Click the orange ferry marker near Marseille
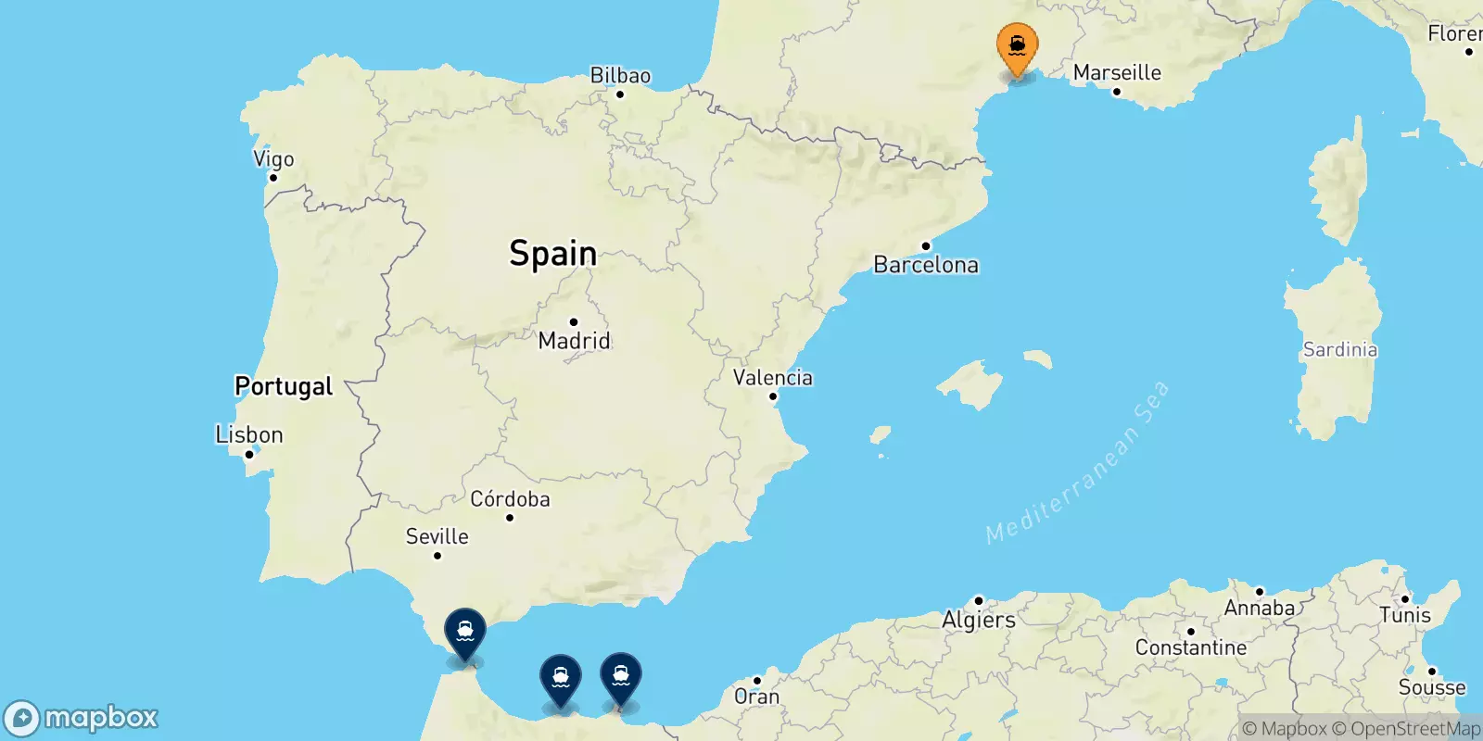(x=1017, y=47)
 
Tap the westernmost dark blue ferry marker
(x=465, y=632)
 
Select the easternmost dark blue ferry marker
(x=621, y=678)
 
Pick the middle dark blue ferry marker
(x=561, y=679)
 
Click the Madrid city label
(x=575, y=341)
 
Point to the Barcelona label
(x=926, y=265)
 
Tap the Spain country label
(x=553, y=253)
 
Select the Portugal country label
(x=284, y=386)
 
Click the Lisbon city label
(x=248, y=434)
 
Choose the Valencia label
(x=773, y=378)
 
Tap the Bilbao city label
(x=620, y=76)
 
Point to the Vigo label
(x=273, y=159)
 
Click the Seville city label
(x=437, y=536)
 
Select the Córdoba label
(x=510, y=499)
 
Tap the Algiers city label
(x=979, y=620)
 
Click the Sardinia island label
(x=1340, y=349)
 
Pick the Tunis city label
(x=1405, y=615)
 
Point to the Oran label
(x=756, y=697)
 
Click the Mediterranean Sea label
(x=1078, y=463)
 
